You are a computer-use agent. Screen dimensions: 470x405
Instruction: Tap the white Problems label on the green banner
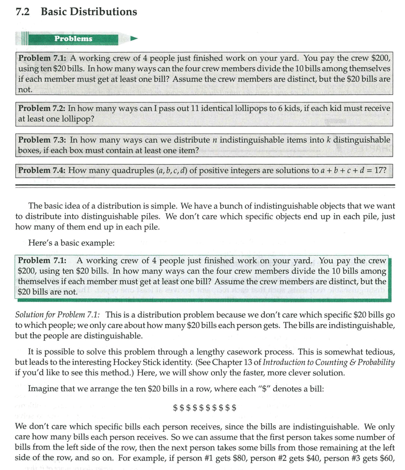73,38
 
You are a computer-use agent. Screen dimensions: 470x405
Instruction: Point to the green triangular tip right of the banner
134,38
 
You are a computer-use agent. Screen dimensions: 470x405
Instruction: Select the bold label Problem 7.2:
41,108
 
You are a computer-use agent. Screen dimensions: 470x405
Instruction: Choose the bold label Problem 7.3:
41,140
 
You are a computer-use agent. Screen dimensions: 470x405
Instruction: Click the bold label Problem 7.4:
41,171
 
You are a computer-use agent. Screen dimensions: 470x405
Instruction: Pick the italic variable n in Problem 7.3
215,140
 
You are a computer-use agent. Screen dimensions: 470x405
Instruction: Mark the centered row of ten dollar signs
205,408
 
